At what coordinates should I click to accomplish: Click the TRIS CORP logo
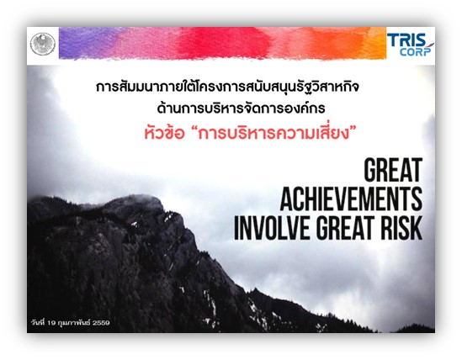click(410, 45)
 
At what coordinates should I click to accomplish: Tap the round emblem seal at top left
click(43, 45)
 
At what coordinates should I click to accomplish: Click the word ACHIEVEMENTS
click(351, 199)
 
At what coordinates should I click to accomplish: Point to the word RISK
click(401, 228)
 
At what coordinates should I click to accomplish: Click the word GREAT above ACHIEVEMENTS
click(393, 170)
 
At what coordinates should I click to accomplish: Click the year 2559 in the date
click(101, 323)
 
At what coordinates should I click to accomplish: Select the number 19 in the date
click(51, 323)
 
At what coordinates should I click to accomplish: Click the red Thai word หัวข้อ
click(164, 134)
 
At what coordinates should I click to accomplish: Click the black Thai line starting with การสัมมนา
click(227, 87)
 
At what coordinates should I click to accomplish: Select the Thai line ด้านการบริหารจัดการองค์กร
click(241, 108)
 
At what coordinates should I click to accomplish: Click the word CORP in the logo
click(415, 52)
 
